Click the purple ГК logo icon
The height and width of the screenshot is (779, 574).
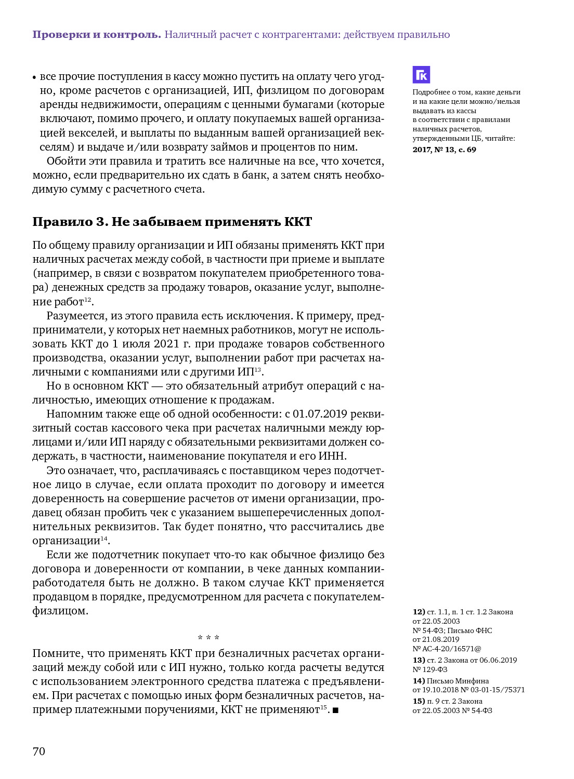[x=421, y=75]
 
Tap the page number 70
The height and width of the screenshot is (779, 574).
[x=39, y=751]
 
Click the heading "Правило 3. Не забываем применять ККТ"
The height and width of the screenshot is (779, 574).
[x=172, y=222]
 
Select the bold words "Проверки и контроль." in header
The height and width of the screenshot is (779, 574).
[x=97, y=35]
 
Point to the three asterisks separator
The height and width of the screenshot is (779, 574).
[x=208, y=638]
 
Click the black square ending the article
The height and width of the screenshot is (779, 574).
[x=335, y=710]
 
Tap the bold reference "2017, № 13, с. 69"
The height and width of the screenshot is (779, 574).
[x=444, y=150]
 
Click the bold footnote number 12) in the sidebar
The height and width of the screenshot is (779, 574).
[x=419, y=612]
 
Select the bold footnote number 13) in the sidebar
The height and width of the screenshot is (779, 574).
[x=419, y=660]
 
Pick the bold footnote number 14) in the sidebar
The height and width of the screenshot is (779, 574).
[x=419, y=681]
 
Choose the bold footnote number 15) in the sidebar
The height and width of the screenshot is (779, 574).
[x=419, y=701]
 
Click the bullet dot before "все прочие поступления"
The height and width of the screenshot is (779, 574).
[x=35, y=77]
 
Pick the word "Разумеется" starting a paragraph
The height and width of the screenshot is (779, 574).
[x=75, y=316]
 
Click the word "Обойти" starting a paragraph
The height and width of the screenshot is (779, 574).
[x=64, y=161]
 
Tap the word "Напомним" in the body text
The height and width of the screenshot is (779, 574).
[x=72, y=414]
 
